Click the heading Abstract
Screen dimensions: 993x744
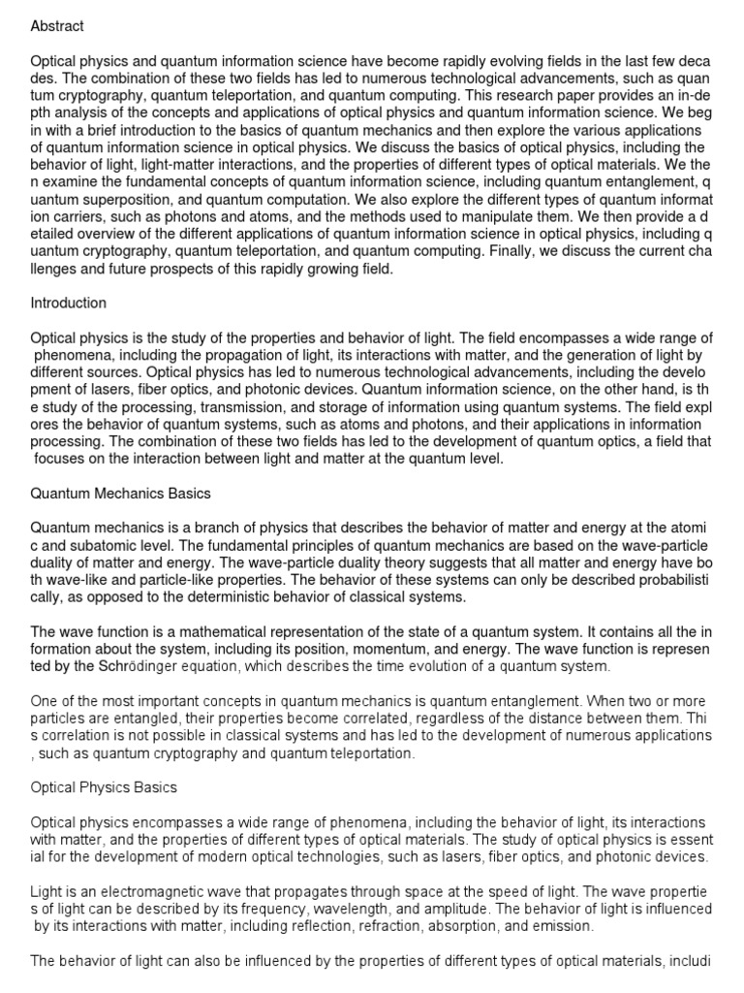tap(57, 26)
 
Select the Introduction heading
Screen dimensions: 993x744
tap(69, 303)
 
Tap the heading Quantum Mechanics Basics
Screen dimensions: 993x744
tap(121, 494)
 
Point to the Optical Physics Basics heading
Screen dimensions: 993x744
tap(104, 786)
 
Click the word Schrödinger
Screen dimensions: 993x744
tap(137, 667)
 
